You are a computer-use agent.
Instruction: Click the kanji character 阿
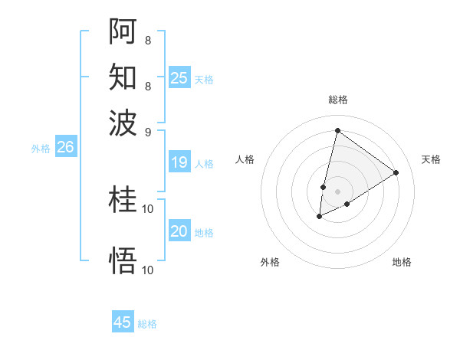[x=123, y=31]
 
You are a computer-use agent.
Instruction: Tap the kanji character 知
[x=123, y=77]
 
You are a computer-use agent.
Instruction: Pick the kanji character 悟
[x=123, y=260]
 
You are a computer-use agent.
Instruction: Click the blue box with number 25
[x=179, y=78]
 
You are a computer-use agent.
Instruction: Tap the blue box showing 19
[x=179, y=162]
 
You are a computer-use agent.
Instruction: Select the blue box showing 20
[x=179, y=232]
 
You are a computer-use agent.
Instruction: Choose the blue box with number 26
[x=65, y=148]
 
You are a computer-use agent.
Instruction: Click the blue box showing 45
[x=123, y=322]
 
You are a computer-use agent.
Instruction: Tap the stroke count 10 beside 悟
[x=148, y=270]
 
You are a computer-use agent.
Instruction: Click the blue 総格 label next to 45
[x=147, y=324]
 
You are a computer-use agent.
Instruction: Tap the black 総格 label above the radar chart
[x=337, y=100]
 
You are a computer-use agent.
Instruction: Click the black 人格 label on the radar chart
[x=245, y=159]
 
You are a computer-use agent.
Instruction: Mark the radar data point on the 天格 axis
[x=396, y=172]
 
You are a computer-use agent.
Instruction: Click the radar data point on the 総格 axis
[x=337, y=131]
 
